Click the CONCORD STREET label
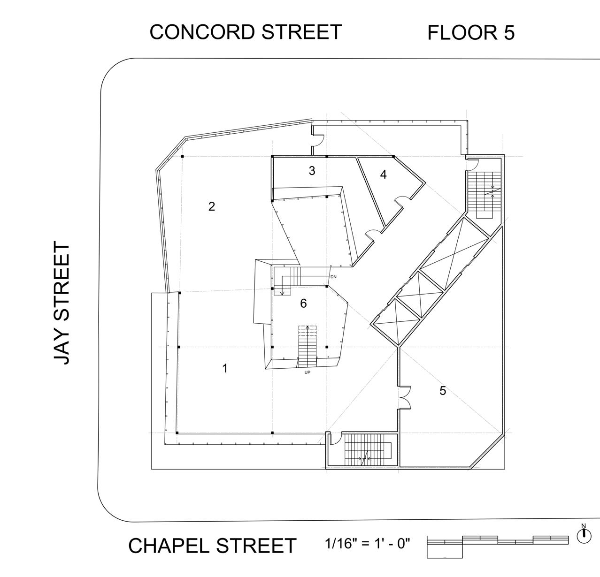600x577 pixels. [245, 32]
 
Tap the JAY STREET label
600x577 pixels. [62, 303]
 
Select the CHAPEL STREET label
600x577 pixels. [212, 546]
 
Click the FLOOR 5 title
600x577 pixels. [470, 32]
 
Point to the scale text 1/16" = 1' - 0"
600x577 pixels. [367, 544]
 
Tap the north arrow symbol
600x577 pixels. [584, 534]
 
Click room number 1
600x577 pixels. [225, 368]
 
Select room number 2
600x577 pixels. [212, 206]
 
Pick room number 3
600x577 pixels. [312, 171]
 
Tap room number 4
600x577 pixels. [383, 175]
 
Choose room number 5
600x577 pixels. [443, 390]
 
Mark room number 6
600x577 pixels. [303, 304]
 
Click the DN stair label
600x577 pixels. [333, 277]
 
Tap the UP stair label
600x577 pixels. [308, 372]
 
